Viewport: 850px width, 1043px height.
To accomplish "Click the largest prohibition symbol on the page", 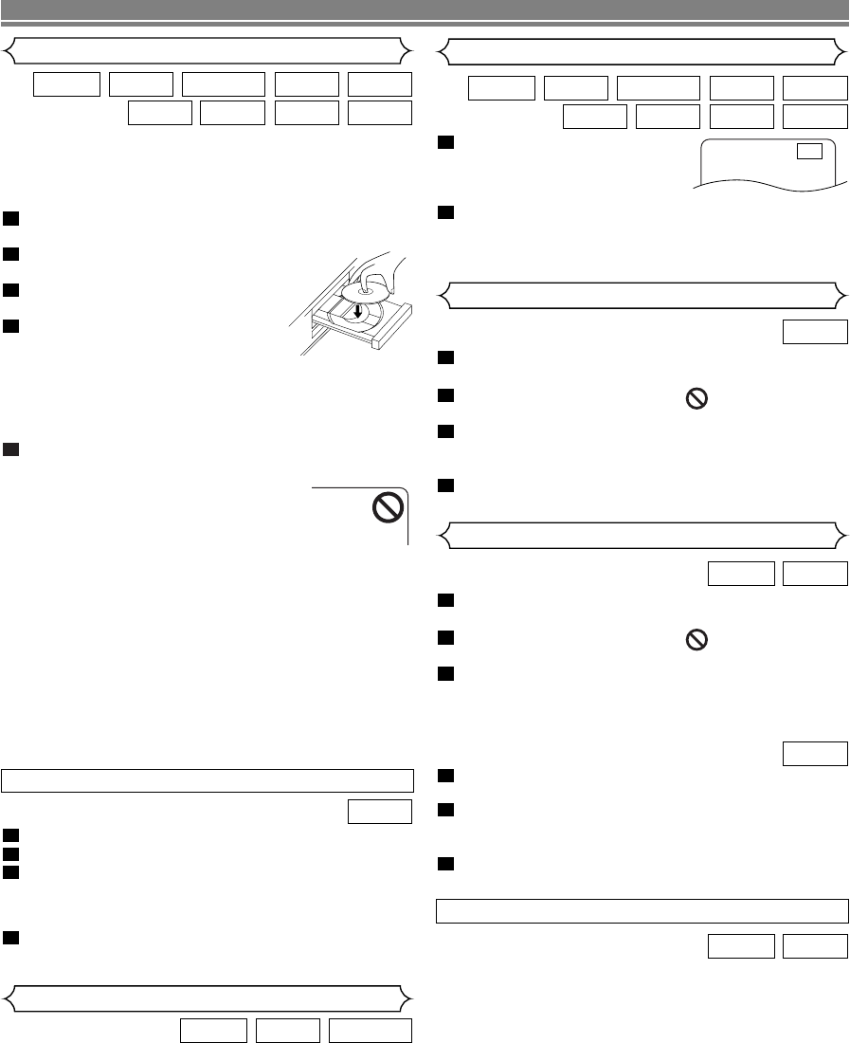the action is point(383,513).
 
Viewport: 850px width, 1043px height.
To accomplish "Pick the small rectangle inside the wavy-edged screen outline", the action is point(808,151).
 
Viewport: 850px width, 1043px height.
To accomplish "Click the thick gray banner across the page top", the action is point(425,8).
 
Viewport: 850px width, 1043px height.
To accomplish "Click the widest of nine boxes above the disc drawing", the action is point(224,83).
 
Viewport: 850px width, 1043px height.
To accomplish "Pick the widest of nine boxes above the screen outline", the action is point(658,88).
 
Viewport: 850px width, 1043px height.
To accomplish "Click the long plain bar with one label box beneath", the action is point(208,779).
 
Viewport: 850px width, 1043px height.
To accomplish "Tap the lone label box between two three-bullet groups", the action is point(815,752).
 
